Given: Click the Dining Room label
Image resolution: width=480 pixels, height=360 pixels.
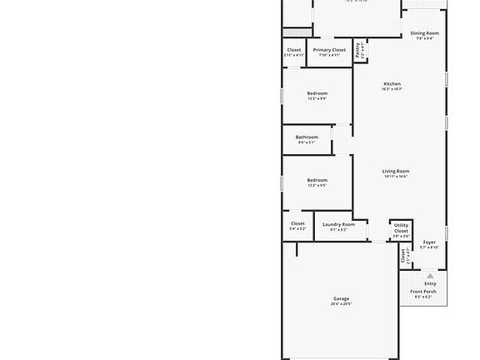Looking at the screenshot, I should pos(425,33).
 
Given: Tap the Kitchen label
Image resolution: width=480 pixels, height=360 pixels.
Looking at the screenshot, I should pos(392,84).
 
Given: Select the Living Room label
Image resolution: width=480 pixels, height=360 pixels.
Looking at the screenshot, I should pos(396,171).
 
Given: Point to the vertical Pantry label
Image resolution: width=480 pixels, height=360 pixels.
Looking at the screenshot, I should pos(357,49).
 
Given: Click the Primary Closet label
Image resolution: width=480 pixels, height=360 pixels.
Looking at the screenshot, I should pos(329,50).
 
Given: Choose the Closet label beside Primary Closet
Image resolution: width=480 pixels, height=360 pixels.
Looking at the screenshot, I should pos(294,50).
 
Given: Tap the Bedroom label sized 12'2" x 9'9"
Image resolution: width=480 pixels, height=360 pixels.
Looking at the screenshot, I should pos(317,93).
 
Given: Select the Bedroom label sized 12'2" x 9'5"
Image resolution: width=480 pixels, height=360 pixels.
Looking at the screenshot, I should pos(317,180).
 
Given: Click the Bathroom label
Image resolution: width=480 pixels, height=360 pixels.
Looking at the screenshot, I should pos(307,137).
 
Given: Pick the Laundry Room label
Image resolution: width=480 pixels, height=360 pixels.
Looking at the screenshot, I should pos(338,224).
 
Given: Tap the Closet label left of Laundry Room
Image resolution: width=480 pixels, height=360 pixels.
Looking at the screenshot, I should pos(297,223).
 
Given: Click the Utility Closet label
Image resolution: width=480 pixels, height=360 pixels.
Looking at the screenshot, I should pos(401,228).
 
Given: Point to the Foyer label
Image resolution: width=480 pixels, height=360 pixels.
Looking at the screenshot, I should pos(429,242).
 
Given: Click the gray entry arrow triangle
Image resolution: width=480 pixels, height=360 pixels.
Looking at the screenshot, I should pos(430,275).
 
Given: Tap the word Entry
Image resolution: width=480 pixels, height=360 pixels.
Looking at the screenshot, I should pos(430,283).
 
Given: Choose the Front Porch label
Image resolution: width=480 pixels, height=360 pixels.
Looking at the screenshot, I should pos(425,292).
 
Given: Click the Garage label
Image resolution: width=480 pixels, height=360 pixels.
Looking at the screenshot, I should pos(341,298).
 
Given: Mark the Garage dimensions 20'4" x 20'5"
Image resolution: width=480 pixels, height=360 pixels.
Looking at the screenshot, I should pos(341,304).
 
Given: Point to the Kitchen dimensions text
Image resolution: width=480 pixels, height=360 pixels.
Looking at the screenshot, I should pos(392,90).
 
